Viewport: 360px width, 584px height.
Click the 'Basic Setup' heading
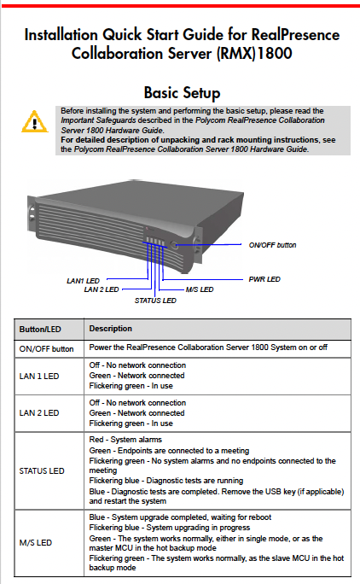tap(182, 92)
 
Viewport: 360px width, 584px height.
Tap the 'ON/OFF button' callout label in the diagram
tap(273, 245)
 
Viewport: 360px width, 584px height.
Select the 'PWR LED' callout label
tap(265, 278)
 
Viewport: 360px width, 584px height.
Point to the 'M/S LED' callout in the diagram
tap(199, 289)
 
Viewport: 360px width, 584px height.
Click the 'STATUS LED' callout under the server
tap(156, 301)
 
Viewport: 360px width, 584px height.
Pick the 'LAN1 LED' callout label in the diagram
tap(82, 279)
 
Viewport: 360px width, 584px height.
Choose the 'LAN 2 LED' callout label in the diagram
tap(102, 289)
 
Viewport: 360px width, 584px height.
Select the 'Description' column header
tap(110, 329)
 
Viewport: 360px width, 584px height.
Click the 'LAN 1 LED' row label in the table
tap(40, 377)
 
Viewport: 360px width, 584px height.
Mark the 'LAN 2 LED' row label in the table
tap(40, 413)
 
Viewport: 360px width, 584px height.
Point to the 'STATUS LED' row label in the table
tap(43, 470)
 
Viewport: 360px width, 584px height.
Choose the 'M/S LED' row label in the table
tap(37, 542)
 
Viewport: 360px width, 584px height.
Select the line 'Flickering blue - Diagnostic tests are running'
tap(165, 481)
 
